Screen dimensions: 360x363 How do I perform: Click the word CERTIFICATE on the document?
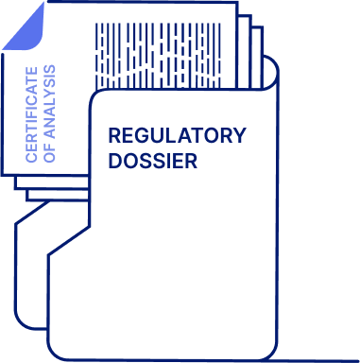[x=32, y=114]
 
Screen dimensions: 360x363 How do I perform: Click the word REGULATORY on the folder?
[x=177, y=135]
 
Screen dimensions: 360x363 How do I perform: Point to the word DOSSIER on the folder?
[x=152, y=161]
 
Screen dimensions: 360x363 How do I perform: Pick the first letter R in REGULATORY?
[x=114, y=135]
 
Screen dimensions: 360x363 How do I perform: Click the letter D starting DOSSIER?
[x=114, y=161]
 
